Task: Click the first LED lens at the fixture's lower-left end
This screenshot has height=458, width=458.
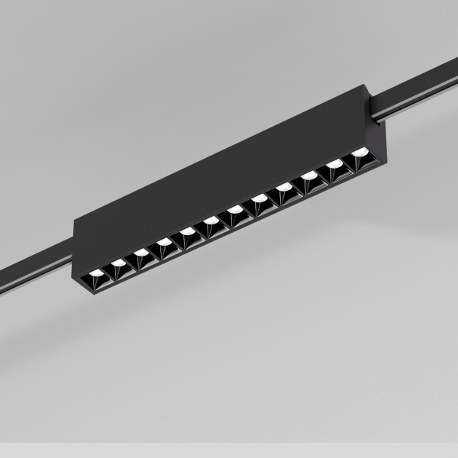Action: (96, 273)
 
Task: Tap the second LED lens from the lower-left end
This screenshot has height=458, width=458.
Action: (119, 263)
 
